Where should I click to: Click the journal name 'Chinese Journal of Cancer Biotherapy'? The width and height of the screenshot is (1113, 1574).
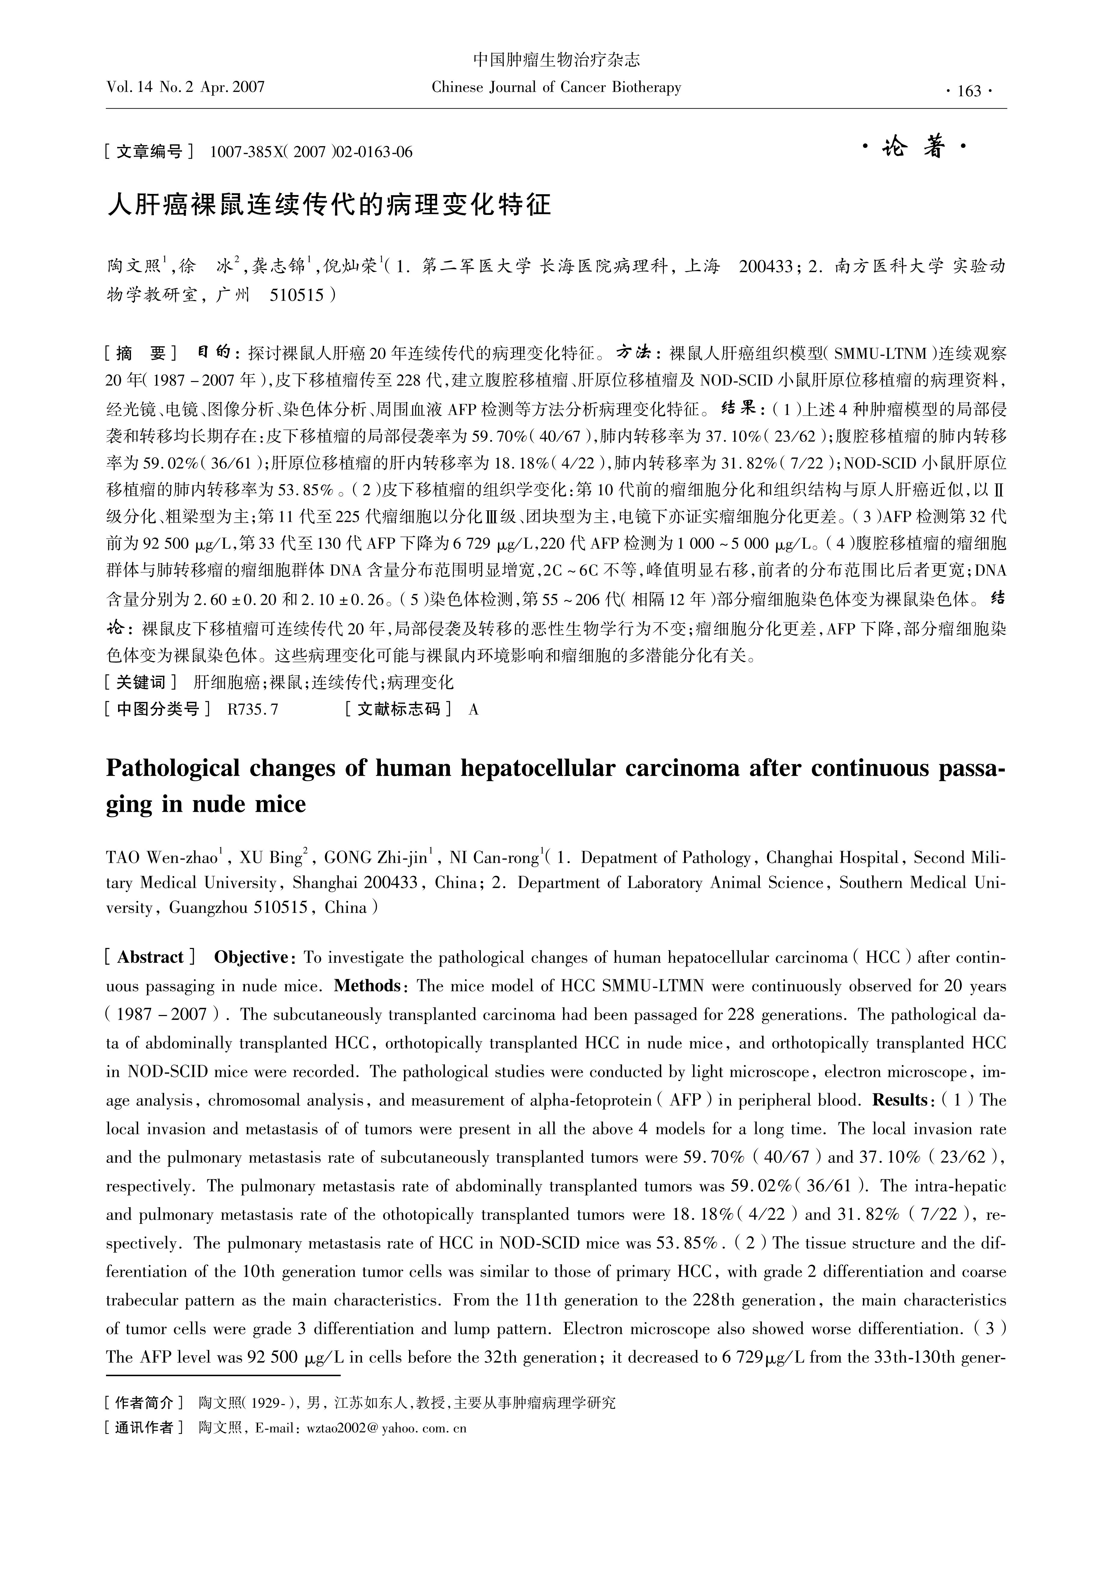point(556,88)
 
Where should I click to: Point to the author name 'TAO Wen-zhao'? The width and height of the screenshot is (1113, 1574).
point(162,858)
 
